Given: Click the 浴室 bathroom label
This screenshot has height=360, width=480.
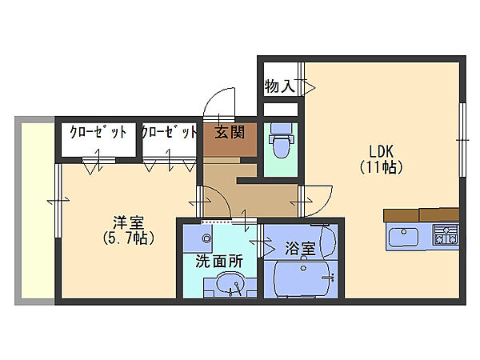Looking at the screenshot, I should (x=300, y=250).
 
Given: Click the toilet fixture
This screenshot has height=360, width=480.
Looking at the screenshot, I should (x=280, y=143).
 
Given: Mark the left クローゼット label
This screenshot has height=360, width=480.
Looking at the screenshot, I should (x=98, y=133).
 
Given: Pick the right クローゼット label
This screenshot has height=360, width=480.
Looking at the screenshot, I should (x=169, y=133).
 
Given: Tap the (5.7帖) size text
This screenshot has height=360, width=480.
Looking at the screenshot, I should (x=128, y=238).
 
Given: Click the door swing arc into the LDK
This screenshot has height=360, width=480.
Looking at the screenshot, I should (x=320, y=197).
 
